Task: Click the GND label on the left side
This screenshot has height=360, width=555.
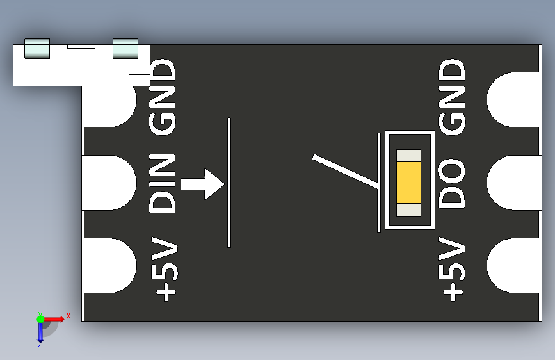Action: click(162, 97)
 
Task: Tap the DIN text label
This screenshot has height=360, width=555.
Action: click(162, 184)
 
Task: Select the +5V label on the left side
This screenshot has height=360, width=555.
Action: click(165, 270)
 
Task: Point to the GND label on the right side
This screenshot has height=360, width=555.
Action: click(453, 97)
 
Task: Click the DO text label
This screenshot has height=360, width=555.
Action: click(453, 184)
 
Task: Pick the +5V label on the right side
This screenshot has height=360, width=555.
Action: click(453, 269)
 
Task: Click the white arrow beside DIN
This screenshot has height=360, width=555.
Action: click(202, 184)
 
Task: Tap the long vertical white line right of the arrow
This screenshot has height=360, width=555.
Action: click(229, 183)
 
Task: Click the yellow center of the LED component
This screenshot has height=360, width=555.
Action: click(408, 182)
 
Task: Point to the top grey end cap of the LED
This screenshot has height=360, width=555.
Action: click(408, 155)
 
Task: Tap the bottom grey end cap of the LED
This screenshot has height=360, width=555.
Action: click(408, 209)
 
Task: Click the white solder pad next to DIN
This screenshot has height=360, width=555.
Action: click(109, 183)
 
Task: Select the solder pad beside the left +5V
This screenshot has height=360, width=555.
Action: click(109, 266)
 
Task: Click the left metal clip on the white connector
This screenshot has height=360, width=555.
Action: click(36, 49)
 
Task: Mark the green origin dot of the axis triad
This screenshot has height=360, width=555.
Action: click(40, 318)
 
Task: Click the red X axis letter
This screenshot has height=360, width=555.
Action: click(68, 316)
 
